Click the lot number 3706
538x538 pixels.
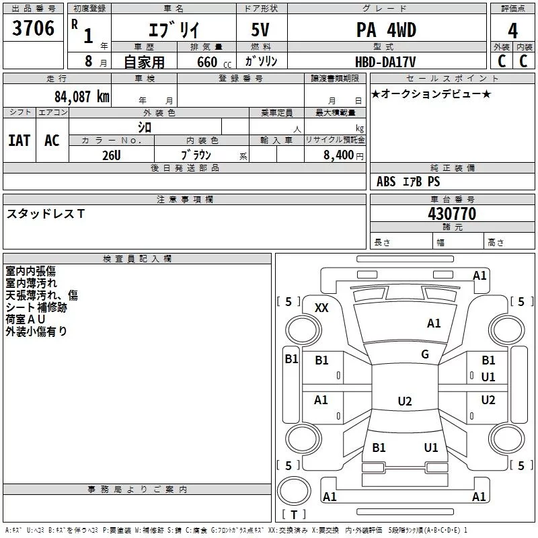(34, 30)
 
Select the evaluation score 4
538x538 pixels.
(513, 30)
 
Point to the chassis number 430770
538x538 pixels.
(452, 214)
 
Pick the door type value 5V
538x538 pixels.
(262, 31)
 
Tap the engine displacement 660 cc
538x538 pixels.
(204, 62)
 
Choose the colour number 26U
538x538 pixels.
(111, 155)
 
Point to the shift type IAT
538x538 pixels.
(19, 140)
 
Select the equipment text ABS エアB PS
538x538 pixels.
(408, 182)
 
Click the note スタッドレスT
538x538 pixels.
(46, 214)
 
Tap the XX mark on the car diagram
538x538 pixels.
(321, 307)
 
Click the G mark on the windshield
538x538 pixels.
(425, 354)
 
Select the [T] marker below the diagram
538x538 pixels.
(294, 515)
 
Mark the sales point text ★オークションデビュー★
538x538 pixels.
(431, 94)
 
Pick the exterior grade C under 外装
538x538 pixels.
(501, 61)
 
